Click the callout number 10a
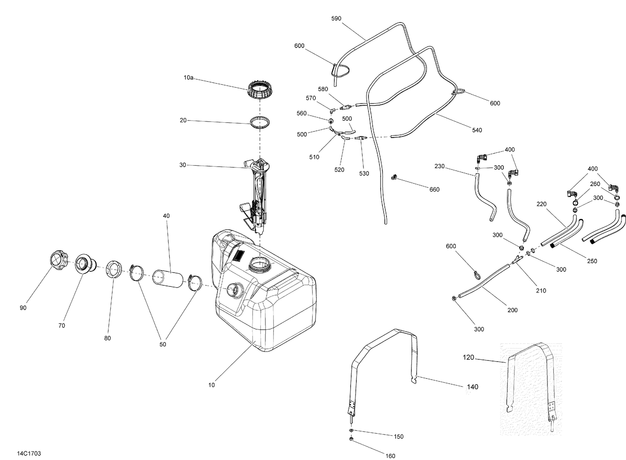(x=188, y=77)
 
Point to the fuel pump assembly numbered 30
(x=257, y=192)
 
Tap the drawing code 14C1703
(x=29, y=453)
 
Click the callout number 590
(x=336, y=18)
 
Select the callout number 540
(x=477, y=130)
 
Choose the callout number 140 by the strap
(x=472, y=387)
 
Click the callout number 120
(x=469, y=357)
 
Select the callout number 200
(x=512, y=310)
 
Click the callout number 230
(x=439, y=166)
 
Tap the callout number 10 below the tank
(x=212, y=385)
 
